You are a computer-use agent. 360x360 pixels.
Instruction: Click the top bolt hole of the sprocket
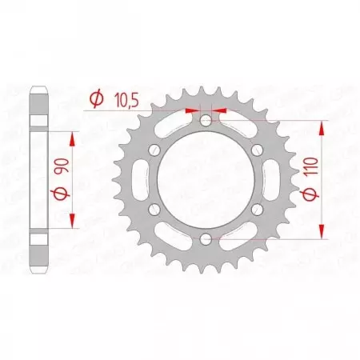click(206, 120)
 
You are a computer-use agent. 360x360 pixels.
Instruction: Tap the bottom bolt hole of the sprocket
click(206, 238)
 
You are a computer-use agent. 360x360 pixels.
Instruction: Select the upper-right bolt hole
click(257, 150)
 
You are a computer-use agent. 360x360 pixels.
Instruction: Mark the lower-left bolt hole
click(154, 208)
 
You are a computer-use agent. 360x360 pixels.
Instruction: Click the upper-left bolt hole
click(154, 150)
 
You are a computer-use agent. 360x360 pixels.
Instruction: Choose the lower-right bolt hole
click(257, 208)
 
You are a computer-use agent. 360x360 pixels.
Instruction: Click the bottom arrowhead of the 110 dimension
click(323, 231)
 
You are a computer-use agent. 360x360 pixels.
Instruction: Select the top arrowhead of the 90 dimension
click(74, 138)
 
